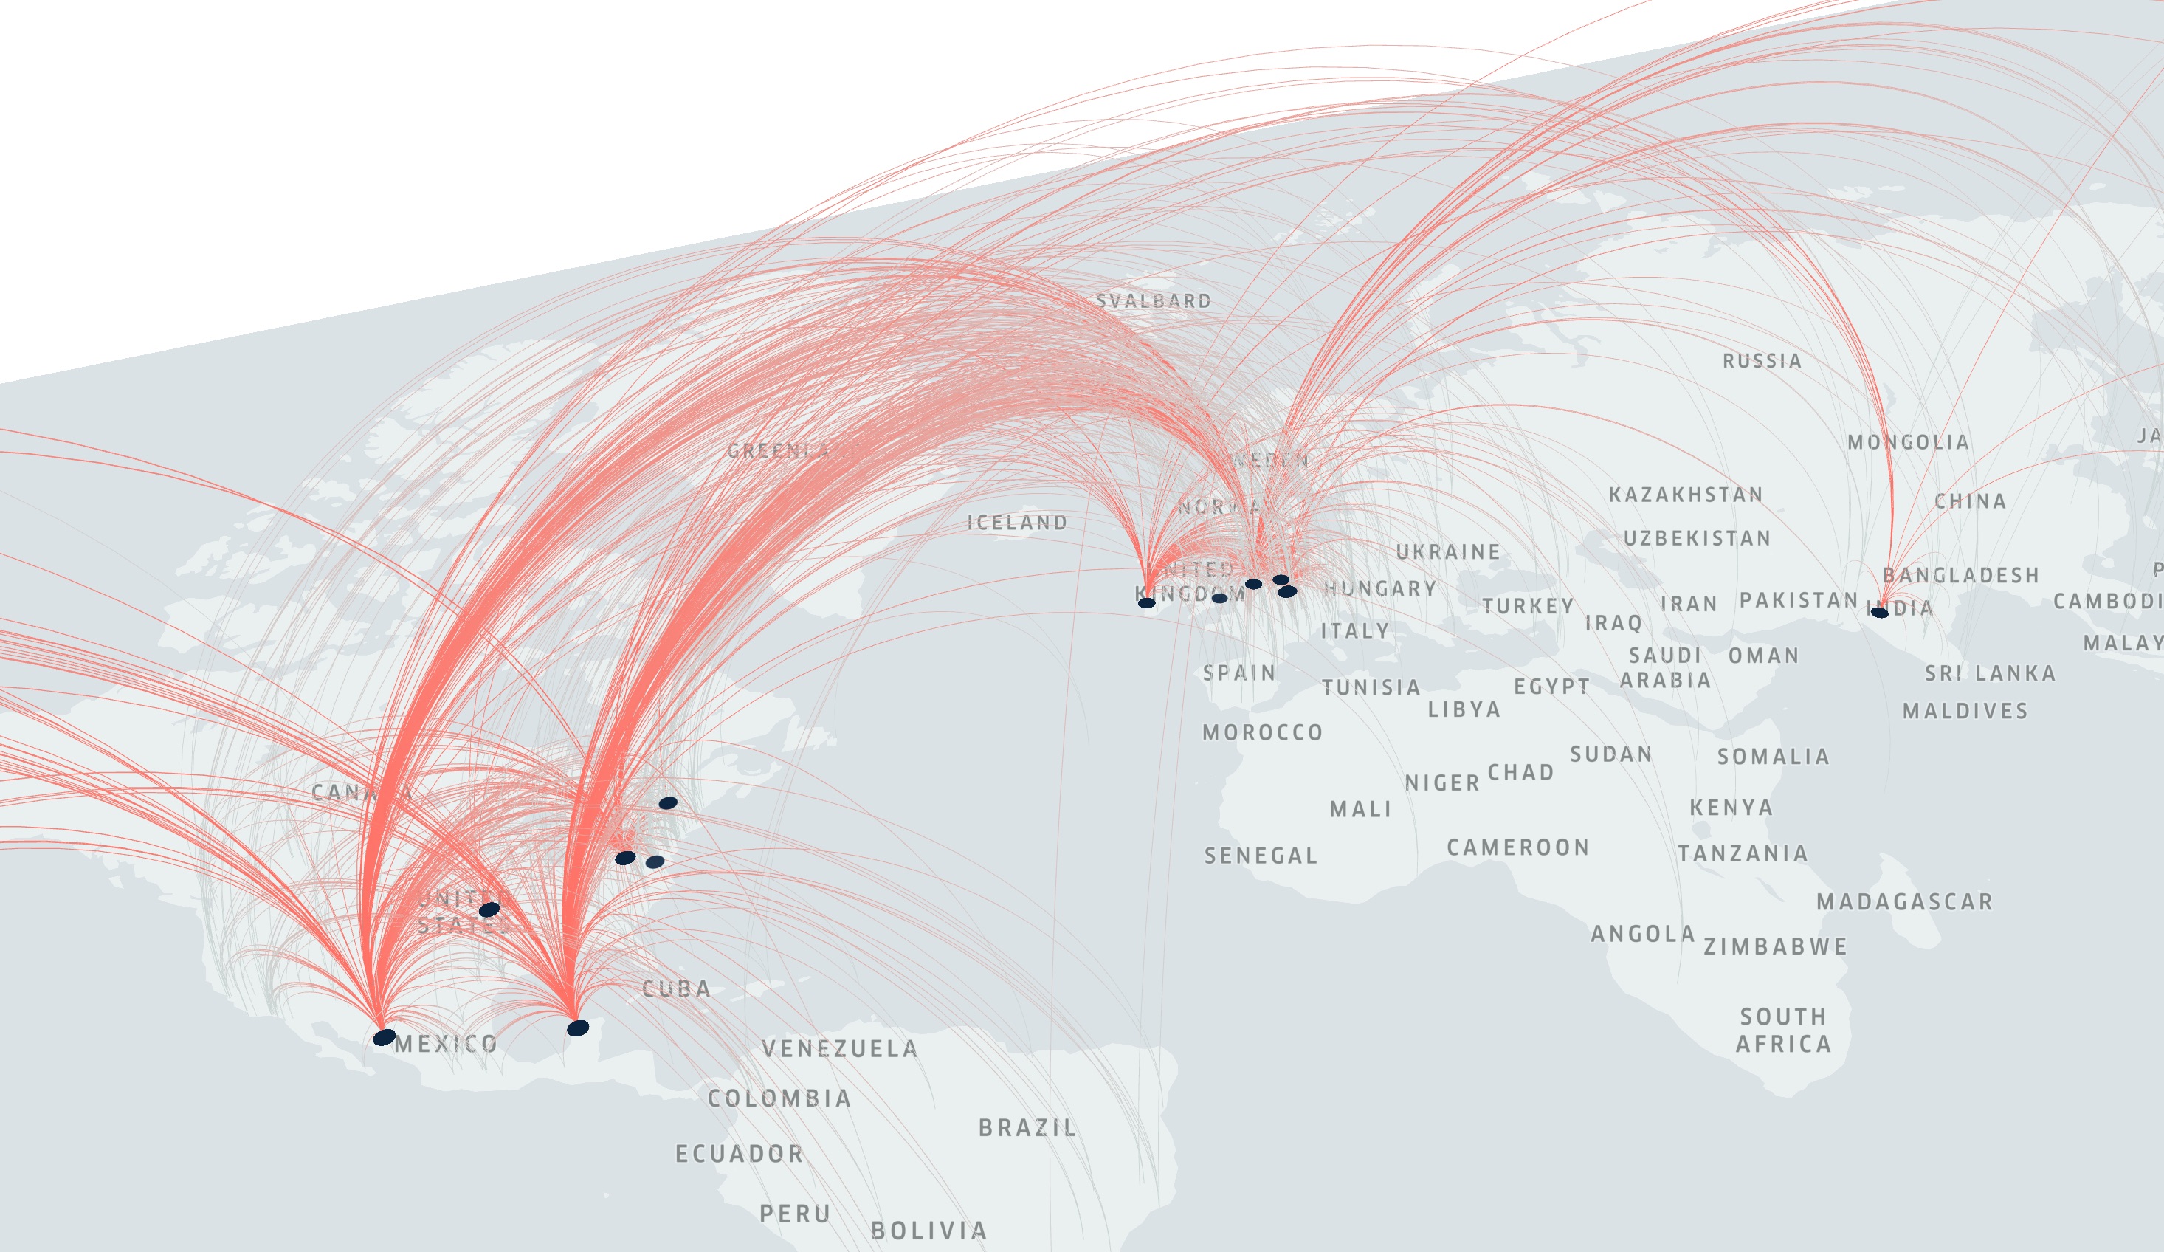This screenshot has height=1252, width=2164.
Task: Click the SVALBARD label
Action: click(1154, 301)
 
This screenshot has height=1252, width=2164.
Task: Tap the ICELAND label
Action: click(1018, 523)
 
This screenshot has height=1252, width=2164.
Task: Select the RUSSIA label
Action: click(1762, 362)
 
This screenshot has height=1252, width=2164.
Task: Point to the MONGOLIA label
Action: click(1908, 443)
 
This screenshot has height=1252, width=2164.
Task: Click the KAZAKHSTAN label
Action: click(1686, 495)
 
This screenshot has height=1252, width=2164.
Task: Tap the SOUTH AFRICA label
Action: click(1784, 1031)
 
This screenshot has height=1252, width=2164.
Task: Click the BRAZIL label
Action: click(1028, 1128)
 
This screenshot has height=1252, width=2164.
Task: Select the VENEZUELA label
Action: click(840, 1049)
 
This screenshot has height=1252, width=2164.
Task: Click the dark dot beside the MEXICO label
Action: click(384, 1038)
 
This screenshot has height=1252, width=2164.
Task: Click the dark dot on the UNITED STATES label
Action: click(489, 910)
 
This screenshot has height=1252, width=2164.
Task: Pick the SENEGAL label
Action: click(1261, 856)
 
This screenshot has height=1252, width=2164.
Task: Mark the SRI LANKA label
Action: click(1990, 674)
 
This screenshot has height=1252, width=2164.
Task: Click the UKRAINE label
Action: click(1448, 552)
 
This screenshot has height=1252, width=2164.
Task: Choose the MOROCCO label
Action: click(1262, 733)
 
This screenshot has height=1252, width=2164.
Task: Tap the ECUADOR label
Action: click(740, 1154)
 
